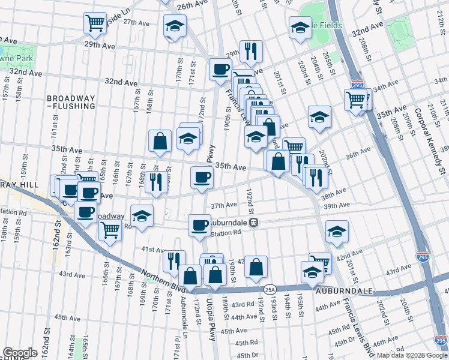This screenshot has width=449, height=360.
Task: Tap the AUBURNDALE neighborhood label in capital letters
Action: tap(345, 290)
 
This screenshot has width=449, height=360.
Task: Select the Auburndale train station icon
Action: tap(254, 222)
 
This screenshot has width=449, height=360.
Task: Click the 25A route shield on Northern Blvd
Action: tap(270, 289)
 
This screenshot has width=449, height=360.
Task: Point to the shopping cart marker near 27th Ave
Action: tap(95, 23)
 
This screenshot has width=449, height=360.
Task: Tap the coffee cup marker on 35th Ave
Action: tap(202, 176)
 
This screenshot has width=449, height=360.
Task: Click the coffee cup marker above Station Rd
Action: tap(199, 225)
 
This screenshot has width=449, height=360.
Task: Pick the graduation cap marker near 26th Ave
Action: tap(175, 26)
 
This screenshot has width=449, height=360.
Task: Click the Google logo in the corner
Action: tap(20, 353)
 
